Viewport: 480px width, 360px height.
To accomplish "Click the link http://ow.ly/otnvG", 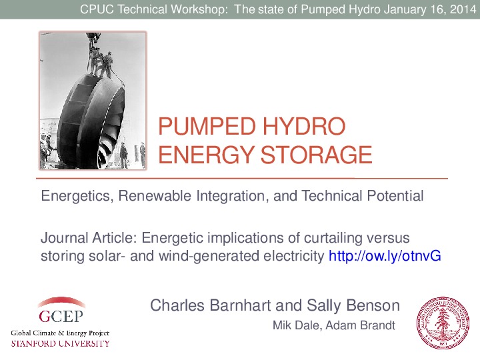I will [x=385, y=256].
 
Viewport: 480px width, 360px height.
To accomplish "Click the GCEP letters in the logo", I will [x=59, y=316].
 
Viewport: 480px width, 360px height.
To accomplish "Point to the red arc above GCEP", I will [x=60, y=301].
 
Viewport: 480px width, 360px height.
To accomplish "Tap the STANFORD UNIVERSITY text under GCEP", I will [x=60, y=343].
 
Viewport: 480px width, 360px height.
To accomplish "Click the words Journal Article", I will [x=89, y=238].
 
